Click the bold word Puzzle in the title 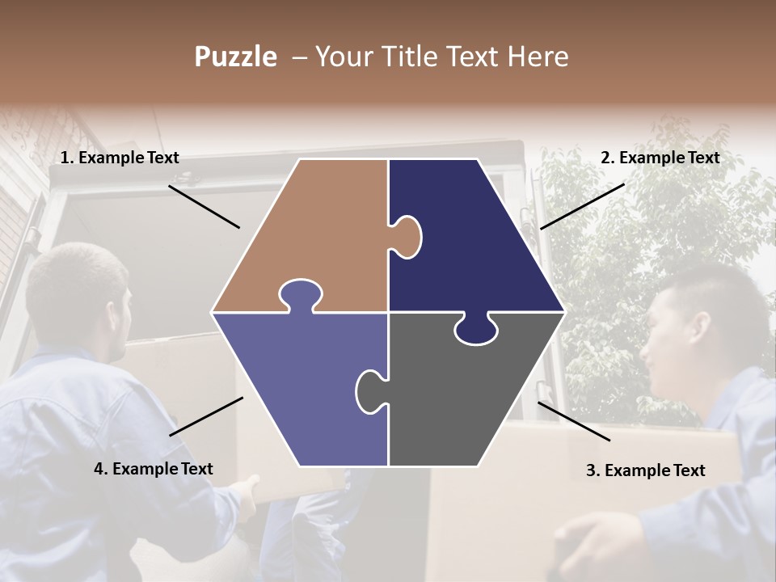(235, 57)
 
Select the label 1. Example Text (120, 158)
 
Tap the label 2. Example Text (660, 158)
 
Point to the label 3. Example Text (645, 470)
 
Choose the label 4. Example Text (154, 469)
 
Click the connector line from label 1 (204, 206)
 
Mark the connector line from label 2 (582, 206)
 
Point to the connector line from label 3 (574, 421)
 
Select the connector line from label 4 (206, 416)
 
